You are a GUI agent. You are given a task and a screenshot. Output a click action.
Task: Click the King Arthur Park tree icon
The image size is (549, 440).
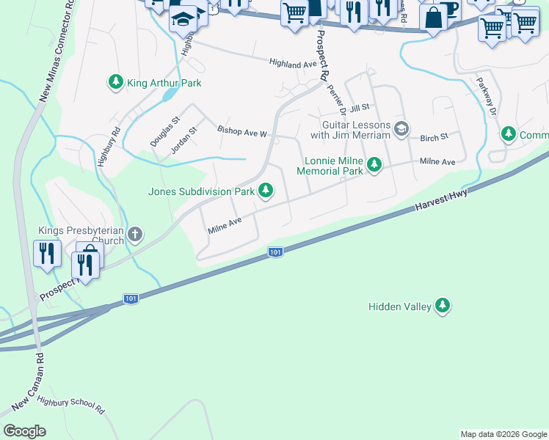115,83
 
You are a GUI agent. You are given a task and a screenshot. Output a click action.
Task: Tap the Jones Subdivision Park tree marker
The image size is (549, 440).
266,191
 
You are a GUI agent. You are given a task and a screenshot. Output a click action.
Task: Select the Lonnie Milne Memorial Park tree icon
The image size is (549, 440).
374,164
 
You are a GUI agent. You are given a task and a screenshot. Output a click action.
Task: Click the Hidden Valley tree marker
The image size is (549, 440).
442,306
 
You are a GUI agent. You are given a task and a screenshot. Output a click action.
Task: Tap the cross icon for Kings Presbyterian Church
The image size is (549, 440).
134,235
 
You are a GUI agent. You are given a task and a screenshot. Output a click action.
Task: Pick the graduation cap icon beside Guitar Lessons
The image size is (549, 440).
401,129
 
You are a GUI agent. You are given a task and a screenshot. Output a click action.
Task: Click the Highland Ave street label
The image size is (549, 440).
291,64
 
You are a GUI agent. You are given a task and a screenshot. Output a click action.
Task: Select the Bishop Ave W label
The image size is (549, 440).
242,133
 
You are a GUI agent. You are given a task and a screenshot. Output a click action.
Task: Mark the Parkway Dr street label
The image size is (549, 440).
487,96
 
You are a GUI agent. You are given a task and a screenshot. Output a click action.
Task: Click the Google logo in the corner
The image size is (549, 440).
25,431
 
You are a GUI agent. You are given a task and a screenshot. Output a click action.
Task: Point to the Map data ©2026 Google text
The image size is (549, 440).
503,434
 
